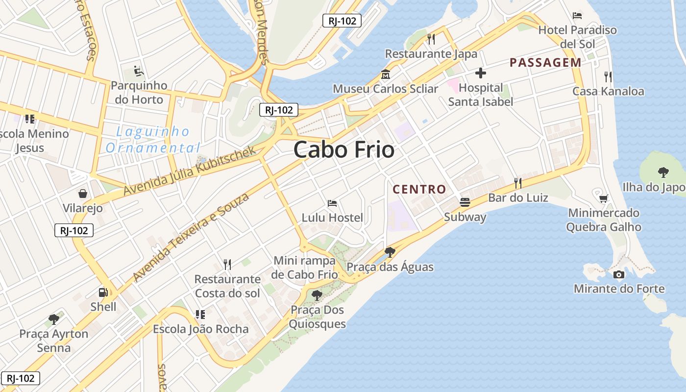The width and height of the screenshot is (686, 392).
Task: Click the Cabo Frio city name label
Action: point(344,149)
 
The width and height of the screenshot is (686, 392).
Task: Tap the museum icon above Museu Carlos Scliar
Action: point(385,75)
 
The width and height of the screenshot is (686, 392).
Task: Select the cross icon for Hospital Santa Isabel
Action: point(480,73)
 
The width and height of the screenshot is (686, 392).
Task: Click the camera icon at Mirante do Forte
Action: point(619,274)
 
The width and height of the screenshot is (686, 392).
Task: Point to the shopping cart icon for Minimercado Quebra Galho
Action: point(603,198)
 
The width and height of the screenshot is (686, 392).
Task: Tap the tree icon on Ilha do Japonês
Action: point(663,172)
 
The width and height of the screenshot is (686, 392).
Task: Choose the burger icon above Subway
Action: point(465,202)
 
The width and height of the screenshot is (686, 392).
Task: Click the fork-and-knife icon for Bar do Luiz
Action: point(517,183)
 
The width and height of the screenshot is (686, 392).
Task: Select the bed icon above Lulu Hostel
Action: point(332,203)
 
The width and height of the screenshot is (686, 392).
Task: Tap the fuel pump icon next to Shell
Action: point(103,293)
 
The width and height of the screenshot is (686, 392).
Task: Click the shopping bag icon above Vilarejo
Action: point(82,194)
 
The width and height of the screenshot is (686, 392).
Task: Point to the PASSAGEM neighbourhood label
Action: point(545,63)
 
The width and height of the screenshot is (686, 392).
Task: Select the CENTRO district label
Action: point(419,189)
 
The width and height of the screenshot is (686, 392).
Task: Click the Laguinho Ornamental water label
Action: point(153,140)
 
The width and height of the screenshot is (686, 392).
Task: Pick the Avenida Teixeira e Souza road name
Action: point(191,237)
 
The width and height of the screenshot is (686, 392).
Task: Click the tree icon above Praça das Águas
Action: point(390,252)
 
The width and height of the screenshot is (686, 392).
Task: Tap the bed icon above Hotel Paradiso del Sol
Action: point(577,16)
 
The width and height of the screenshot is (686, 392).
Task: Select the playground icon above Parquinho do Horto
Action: point(139,72)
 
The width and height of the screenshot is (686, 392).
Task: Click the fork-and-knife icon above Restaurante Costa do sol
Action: point(227,265)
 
